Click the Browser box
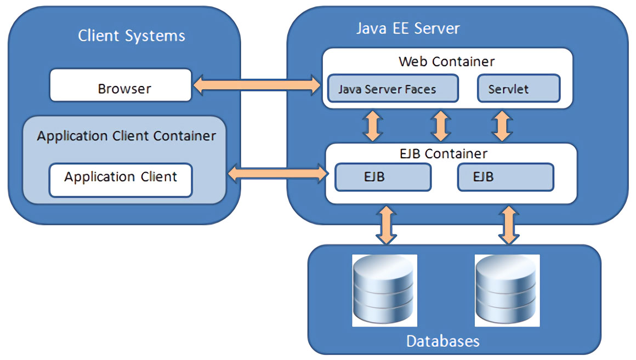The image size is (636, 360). [x=121, y=85]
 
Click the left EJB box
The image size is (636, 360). [x=383, y=177]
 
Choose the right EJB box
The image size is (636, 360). [x=506, y=177]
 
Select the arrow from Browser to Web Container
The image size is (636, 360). [x=257, y=85]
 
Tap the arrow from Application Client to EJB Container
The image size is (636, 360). [x=276, y=174]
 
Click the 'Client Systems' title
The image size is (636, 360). [x=132, y=36]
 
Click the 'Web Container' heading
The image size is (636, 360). [x=446, y=61]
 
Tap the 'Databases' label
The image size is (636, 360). [x=442, y=341]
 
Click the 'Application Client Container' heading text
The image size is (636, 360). [x=126, y=136]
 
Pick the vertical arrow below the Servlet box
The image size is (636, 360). [x=502, y=126]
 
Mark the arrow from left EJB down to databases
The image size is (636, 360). [x=387, y=225]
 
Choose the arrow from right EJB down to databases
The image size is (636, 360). [x=509, y=225]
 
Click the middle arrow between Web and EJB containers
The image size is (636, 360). [x=440, y=126]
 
